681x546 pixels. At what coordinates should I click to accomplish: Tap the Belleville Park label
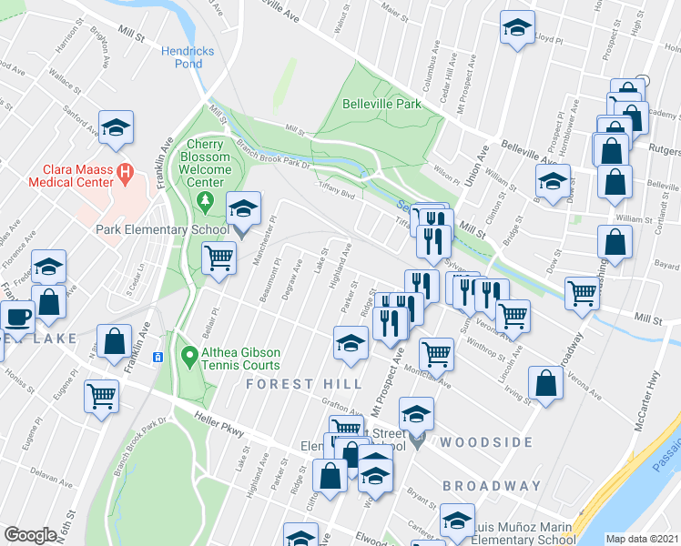(381, 104)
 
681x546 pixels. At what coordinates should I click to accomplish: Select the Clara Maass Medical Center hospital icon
(127, 170)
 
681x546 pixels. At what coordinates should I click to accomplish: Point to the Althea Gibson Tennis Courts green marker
(188, 354)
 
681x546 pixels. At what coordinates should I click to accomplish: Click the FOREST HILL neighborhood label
(291, 384)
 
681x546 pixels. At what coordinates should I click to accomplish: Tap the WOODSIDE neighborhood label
(488, 442)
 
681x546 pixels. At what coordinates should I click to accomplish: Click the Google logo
(30, 535)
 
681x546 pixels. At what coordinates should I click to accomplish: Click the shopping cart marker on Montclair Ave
(437, 353)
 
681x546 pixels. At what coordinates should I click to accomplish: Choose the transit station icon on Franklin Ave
(158, 357)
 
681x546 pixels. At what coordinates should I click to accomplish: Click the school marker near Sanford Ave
(116, 126)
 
